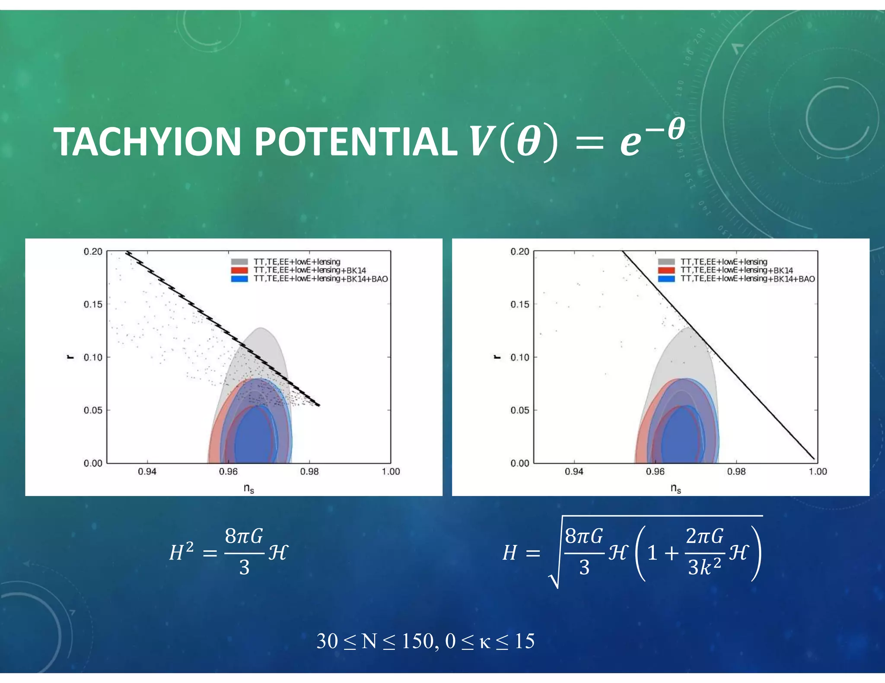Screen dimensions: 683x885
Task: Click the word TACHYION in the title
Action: click(x=147, y=142)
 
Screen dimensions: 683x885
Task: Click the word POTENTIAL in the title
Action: click(x=355, y=142)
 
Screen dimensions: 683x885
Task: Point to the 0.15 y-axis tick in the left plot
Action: click(x=93, y=304)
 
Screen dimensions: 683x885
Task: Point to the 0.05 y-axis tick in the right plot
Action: click(x=520, y=410)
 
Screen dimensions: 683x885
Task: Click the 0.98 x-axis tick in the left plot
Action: click(x=309, y=471)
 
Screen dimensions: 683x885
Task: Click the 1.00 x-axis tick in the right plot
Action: click(x=818, y=471)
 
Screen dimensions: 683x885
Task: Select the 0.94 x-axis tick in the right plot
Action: click(x=574, y=471)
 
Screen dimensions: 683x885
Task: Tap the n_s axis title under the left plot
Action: click(x=248, y=488)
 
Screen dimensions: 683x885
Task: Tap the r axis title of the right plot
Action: click(x=497, y=357)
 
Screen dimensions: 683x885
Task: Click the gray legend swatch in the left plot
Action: click(x=239, y=262)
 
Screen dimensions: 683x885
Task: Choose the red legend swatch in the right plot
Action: click(x=666, y=270)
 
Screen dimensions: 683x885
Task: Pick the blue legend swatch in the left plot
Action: click(x=239, y=279)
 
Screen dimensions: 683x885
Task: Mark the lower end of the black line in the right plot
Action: click(x=814, y=459)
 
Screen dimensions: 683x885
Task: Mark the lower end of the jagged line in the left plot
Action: click(x=319, y=405)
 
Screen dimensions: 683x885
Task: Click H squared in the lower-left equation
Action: click(x=181, y=553)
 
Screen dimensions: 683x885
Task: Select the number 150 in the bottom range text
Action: click(x=417, y=641)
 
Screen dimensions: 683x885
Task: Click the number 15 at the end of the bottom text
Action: click(x=525, y=641)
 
